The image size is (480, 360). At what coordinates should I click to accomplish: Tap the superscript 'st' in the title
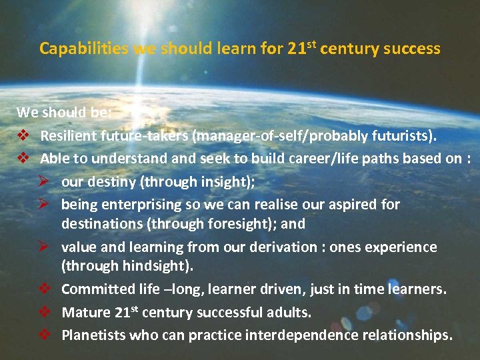click(x=311, y=44)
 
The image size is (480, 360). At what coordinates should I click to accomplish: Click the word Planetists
click(x=95, y=334)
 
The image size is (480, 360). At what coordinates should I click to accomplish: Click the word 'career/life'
click(x=332, y=159)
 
